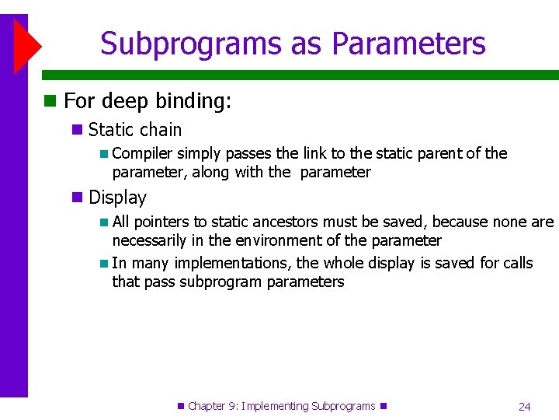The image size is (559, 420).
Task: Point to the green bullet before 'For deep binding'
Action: pos(50,101)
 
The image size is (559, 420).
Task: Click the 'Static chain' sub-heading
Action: pos(135,130)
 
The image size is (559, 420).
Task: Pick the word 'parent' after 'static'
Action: pos(443,153)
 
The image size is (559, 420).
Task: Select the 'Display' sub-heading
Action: pos(117,198)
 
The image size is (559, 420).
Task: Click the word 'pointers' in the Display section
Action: pos(160,222)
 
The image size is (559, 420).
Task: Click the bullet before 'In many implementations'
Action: pos(105,263)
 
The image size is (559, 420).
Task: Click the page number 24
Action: pos(524,406)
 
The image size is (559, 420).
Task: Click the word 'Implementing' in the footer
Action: pos(275,406)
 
